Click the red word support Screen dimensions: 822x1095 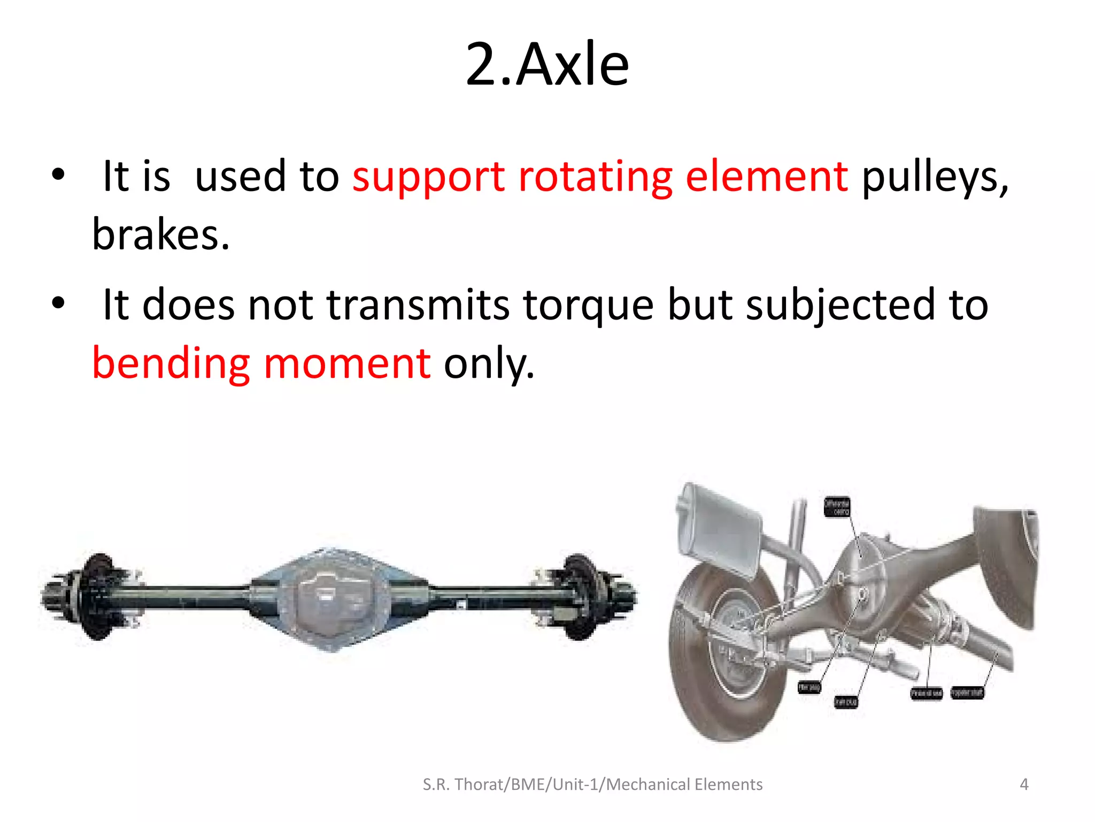pos(428,177)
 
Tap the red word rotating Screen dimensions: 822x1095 pos(595,177)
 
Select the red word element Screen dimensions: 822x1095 pos(767,177)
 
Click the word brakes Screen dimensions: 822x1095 pos(160,235)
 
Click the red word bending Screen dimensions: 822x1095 pos(171,363)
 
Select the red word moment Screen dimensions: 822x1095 pos(348,363)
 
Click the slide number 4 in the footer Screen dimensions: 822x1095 pos(1024,785)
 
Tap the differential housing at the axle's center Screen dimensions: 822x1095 pos(334,598)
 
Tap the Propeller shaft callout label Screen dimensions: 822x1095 pos(967,693)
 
